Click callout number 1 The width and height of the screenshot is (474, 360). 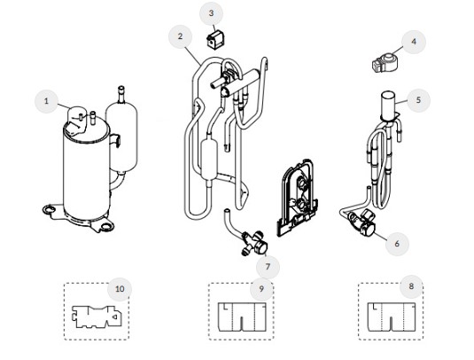pos(47,101)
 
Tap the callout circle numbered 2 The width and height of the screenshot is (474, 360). pos(181,36)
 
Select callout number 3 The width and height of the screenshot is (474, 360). pos(211,13)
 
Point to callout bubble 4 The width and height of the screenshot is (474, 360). pos(414,42)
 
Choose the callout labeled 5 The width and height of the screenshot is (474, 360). pos(419,100)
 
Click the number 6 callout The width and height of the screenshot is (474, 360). pos(397,244)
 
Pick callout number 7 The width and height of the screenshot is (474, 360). pos(268,267)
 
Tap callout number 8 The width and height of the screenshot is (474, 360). pos(411,286)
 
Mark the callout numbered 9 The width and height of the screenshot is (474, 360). pos(261,289)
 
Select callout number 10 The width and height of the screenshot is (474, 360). pos(120,289)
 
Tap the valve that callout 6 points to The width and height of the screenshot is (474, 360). pos(361,223)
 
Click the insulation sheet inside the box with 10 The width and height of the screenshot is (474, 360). pos(97,317)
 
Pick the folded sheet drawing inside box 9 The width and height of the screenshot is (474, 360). pos(242,317)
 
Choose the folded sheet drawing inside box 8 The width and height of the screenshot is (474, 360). pos(392,317)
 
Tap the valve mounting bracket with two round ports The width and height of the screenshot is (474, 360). pos(297,197)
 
